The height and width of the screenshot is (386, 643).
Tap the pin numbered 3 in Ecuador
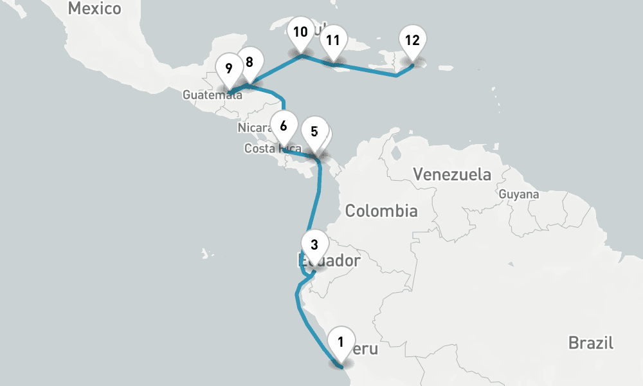[314, 245]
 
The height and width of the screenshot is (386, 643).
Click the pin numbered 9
[229, 68]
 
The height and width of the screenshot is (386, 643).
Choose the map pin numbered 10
[300, 33]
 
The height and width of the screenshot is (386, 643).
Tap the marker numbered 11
[332, 41]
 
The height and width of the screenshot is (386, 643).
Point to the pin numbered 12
[412, 41]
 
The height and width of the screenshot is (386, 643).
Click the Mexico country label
[94, 9]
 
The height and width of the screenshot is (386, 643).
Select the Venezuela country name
[452, 174]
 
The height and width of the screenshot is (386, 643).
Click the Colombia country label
[381, 211]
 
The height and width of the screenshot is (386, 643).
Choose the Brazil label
[590, 343]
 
